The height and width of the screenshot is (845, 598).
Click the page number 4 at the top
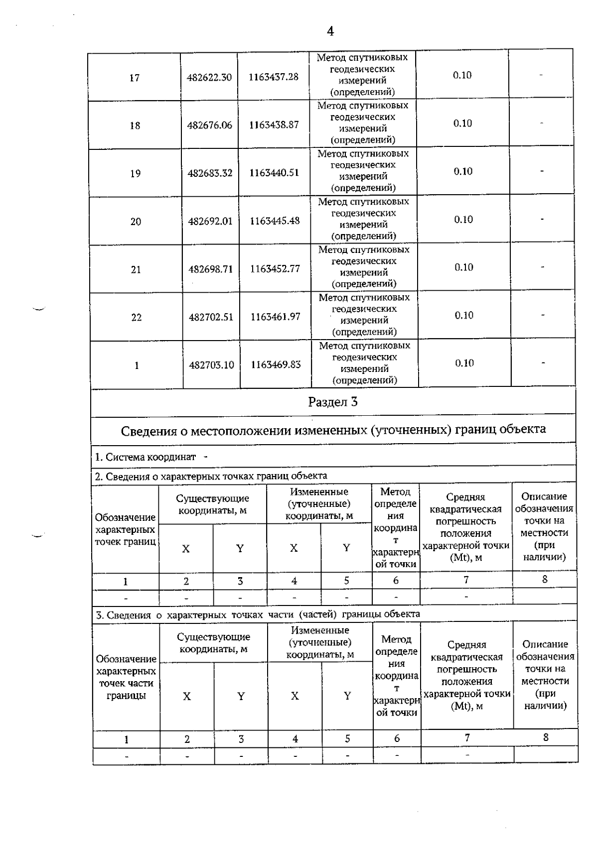tap(330, 31)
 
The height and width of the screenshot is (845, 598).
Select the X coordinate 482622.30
tap(209, 77)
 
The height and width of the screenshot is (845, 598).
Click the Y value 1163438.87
tap(274, 125)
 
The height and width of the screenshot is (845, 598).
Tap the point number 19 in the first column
tap(135, 173)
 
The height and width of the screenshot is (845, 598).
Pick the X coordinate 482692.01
tap(210, 221)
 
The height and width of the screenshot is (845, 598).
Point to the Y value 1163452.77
tap(275, 269)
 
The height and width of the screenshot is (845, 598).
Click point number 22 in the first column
tap(136, 317)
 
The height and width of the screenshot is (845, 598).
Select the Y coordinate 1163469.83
tap(276, 364)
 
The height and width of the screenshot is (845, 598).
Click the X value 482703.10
tap(211, 365)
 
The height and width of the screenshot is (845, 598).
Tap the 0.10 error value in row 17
tap(462, 75)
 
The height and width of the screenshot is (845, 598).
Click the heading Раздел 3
tap(333, 402)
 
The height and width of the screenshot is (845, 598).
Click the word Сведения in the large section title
tap(148, 431)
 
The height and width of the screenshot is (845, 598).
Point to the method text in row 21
tap(364, 266)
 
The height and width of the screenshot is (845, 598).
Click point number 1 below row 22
tap(137, 365)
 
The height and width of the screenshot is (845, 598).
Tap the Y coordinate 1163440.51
tap(275, 173)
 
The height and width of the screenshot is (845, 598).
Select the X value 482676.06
tap(210, 125)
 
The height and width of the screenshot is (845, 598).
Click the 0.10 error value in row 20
tap(463, 219)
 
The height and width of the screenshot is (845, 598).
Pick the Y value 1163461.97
tap(276, 317)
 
